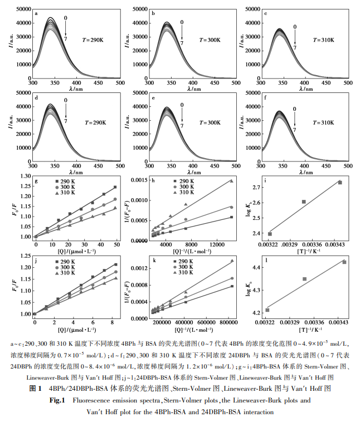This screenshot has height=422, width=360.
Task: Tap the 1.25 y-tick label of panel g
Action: click(x=23, y=188)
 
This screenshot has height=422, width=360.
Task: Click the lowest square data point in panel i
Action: click(x=270, y=234)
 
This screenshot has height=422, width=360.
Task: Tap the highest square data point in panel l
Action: click(x=344, y=262)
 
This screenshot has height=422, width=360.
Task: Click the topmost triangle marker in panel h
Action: click(x=232, y=180)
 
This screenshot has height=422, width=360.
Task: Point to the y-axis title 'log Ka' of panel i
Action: click(x=249, y=209)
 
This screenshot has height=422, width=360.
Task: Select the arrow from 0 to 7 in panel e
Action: click(x=181, y=114)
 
